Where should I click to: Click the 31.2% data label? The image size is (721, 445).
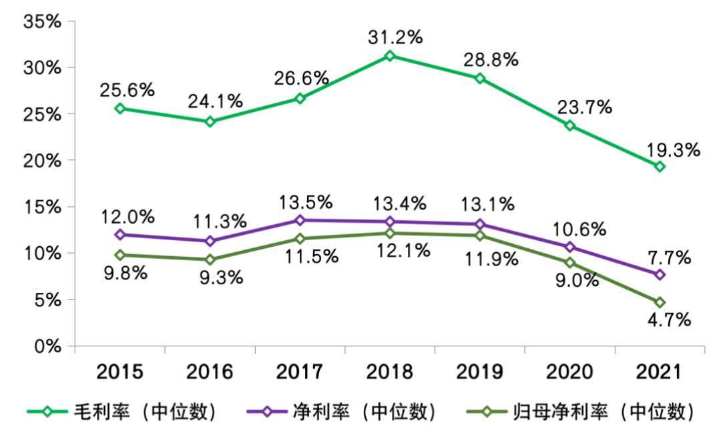pos(395,37)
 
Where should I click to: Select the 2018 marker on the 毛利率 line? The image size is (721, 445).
pos(391,56)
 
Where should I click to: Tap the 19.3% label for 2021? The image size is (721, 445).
pos(672,150)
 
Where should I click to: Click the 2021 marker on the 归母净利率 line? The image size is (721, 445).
pos(660,302)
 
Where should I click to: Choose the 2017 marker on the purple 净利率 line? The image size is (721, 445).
pos(300,220)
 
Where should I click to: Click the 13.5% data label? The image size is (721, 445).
pos(305,201)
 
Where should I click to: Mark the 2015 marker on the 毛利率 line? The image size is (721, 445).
pos(120,108)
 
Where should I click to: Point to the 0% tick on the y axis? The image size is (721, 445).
pos(47,346)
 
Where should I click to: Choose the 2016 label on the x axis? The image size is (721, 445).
pos(210,372)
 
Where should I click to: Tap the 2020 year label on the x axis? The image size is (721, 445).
pos(569,372)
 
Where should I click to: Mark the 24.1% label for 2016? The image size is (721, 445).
pos(215,102)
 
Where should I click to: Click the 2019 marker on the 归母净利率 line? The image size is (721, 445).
pos(480,236)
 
